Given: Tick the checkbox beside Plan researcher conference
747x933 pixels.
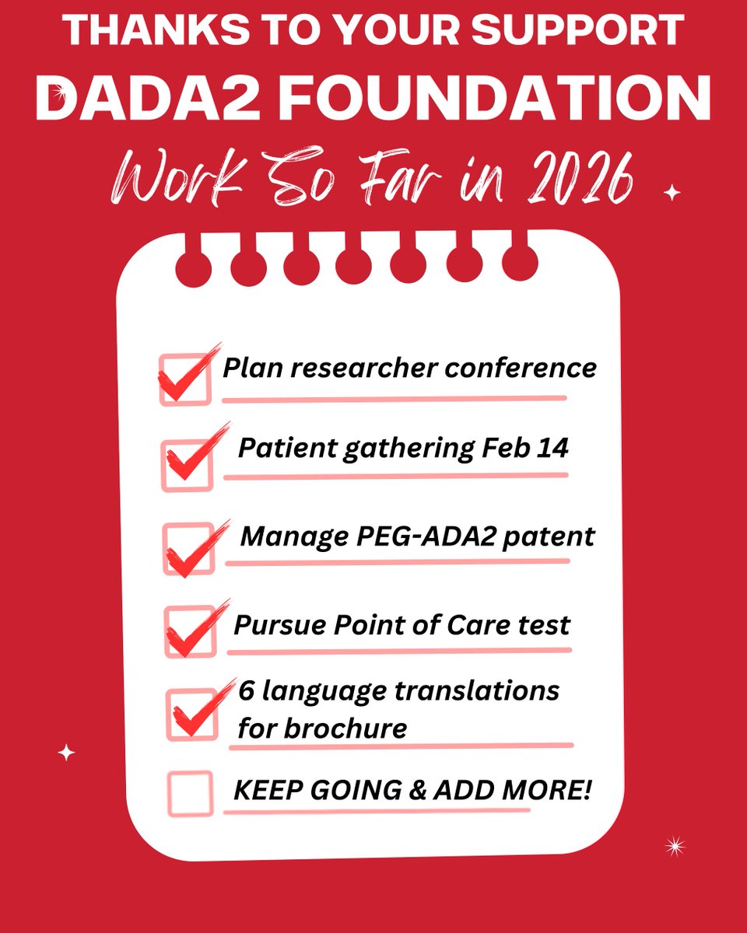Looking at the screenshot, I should [185, 379].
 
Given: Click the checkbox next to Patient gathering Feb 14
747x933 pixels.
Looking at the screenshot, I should [188, 465].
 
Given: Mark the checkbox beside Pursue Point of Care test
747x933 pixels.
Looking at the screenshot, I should [191, 631].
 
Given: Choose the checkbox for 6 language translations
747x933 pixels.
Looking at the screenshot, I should [191, 714].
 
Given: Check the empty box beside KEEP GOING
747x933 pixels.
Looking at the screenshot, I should [190, 793].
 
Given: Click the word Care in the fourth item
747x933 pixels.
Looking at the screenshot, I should [455, 624].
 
